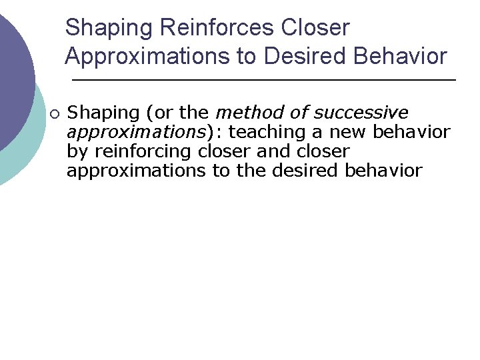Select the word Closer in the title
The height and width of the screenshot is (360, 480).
[315, 28]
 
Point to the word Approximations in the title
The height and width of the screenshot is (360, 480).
[148, 57]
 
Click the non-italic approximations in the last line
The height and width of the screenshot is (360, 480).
[136, 171]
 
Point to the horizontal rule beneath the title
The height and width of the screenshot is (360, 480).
[263, 80]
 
